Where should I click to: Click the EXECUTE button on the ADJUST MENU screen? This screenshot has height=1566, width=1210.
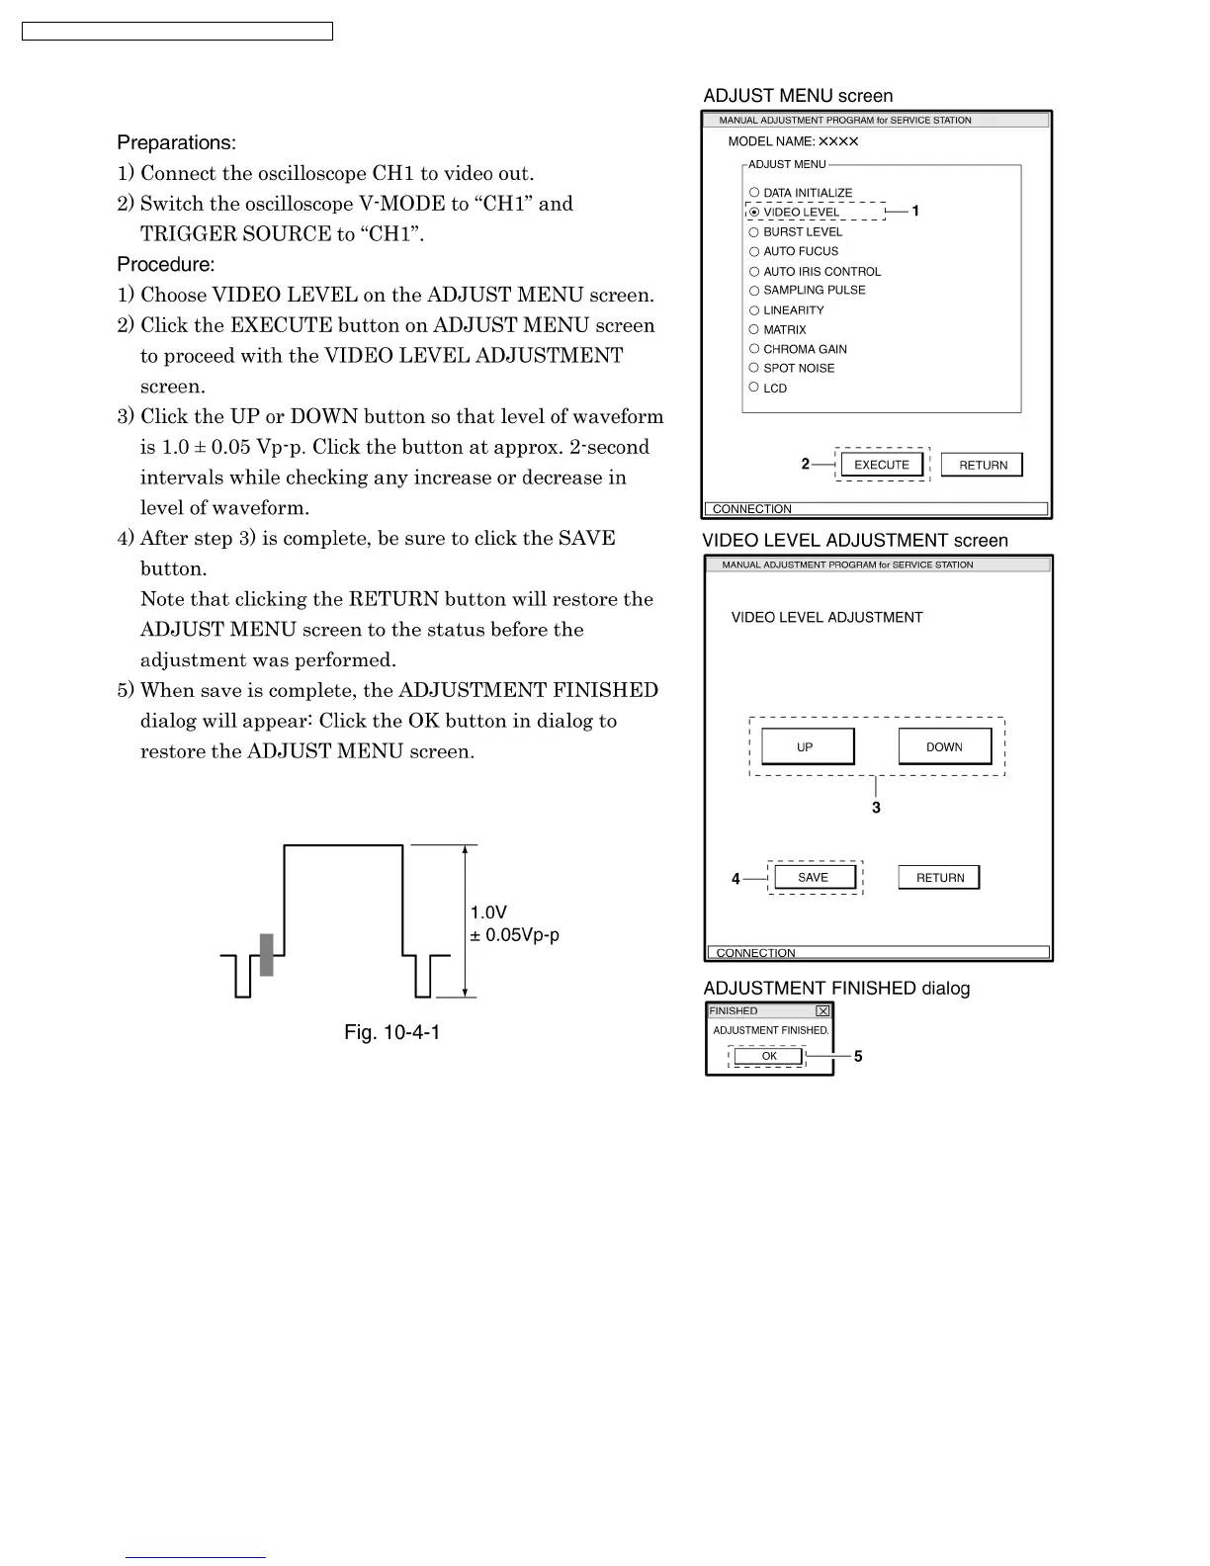(x=882, y=465)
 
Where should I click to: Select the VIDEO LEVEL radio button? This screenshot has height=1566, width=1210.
(x=754, y=212)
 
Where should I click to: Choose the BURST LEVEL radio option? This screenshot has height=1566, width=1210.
(x=754, y=232)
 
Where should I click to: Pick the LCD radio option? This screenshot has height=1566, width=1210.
(x=754, y=388)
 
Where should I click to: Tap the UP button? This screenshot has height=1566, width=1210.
(x=805, y=746)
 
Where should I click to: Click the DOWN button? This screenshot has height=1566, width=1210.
(x=944, y=746)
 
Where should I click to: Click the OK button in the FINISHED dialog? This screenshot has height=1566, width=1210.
(x=769, y=1056)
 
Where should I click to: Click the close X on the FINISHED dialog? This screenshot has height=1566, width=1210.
(x=822, y=1010)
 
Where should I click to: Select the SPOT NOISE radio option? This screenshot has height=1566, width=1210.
(x=754, y=368)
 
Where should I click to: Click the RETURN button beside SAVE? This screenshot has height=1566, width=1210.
(x=939, y=877)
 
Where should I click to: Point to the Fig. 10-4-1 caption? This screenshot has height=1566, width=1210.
(x=392, y=1032)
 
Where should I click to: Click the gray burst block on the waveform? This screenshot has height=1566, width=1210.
(x=266, y=954)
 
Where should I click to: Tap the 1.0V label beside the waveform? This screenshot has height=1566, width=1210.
(x=488, y=913)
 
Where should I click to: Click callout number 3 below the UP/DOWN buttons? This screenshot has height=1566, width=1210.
(x=876, y=808)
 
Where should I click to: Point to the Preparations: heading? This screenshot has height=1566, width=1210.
(x=176, y=142)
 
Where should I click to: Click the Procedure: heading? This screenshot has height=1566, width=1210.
(x=165, y=264)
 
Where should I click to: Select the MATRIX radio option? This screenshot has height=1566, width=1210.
(x=754, y=329)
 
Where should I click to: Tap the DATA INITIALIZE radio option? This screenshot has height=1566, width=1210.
(x=754, y=193)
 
